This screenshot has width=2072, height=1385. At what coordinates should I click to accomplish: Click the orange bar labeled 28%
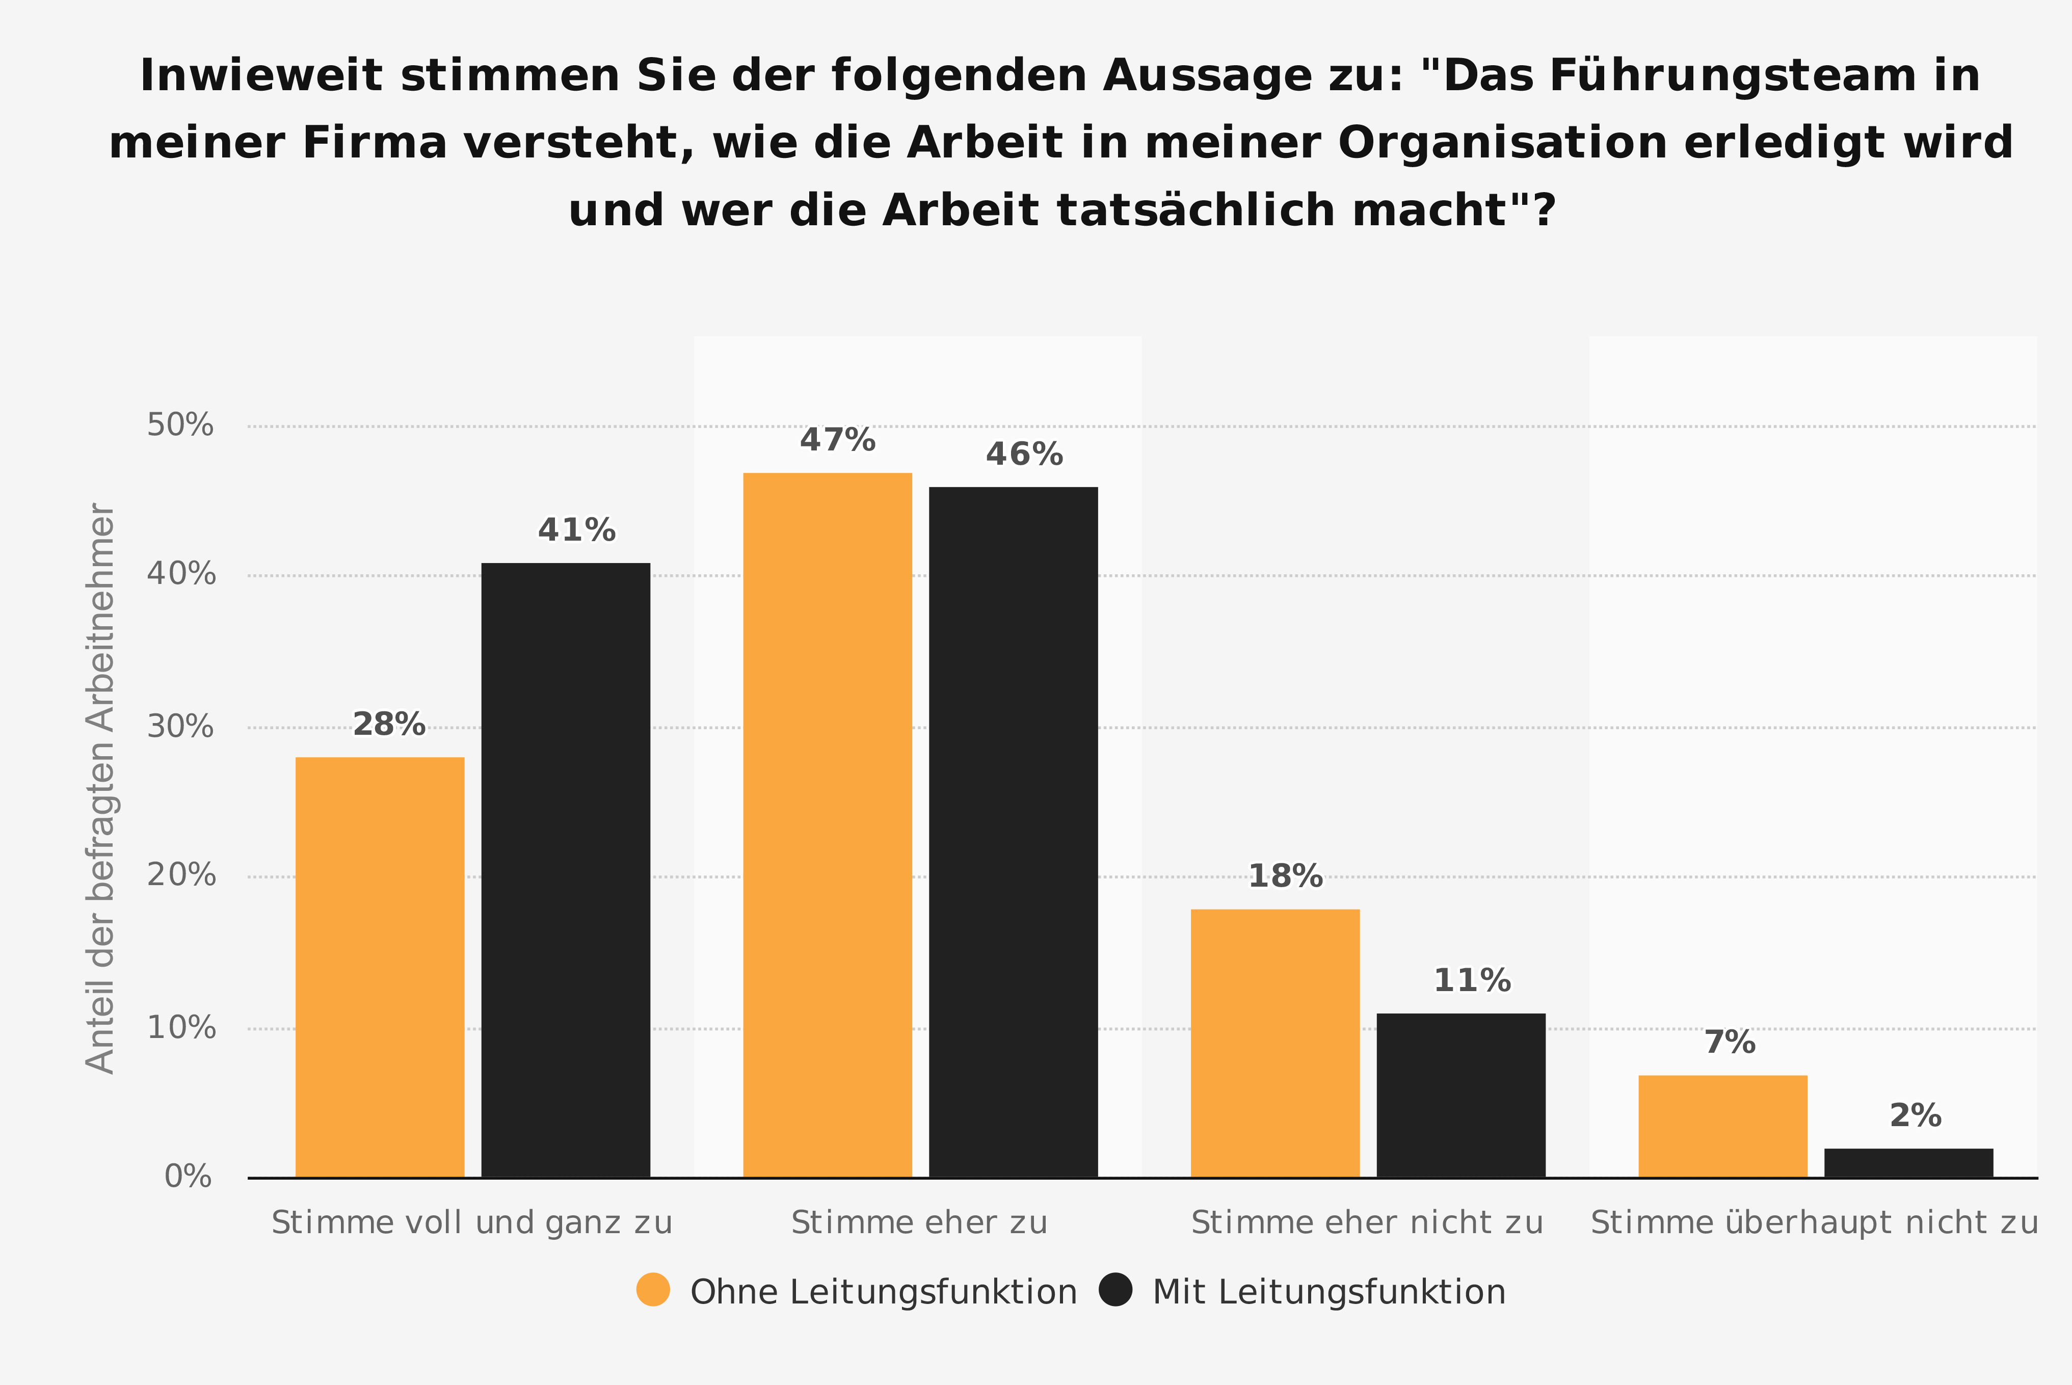point(380,967)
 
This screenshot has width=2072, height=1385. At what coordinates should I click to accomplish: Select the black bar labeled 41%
point(565,870)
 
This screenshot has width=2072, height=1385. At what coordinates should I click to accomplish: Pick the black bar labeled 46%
point(1013,832)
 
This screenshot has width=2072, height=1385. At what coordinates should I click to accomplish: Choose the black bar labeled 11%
point(1461,1095)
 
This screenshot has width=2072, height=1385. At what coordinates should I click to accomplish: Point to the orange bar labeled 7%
point(1723,1126)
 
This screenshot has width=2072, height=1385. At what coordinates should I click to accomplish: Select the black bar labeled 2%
point(1908,1163)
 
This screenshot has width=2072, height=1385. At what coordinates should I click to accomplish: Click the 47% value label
point(837,440)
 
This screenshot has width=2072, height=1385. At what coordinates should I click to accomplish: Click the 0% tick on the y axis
point(188,1177)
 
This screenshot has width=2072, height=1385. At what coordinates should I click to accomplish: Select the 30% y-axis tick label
point(180,727)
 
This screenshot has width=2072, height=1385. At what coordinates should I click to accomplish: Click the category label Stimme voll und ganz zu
point(472,1223)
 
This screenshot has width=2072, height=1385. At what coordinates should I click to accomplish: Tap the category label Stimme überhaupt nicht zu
point(1814,1223)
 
